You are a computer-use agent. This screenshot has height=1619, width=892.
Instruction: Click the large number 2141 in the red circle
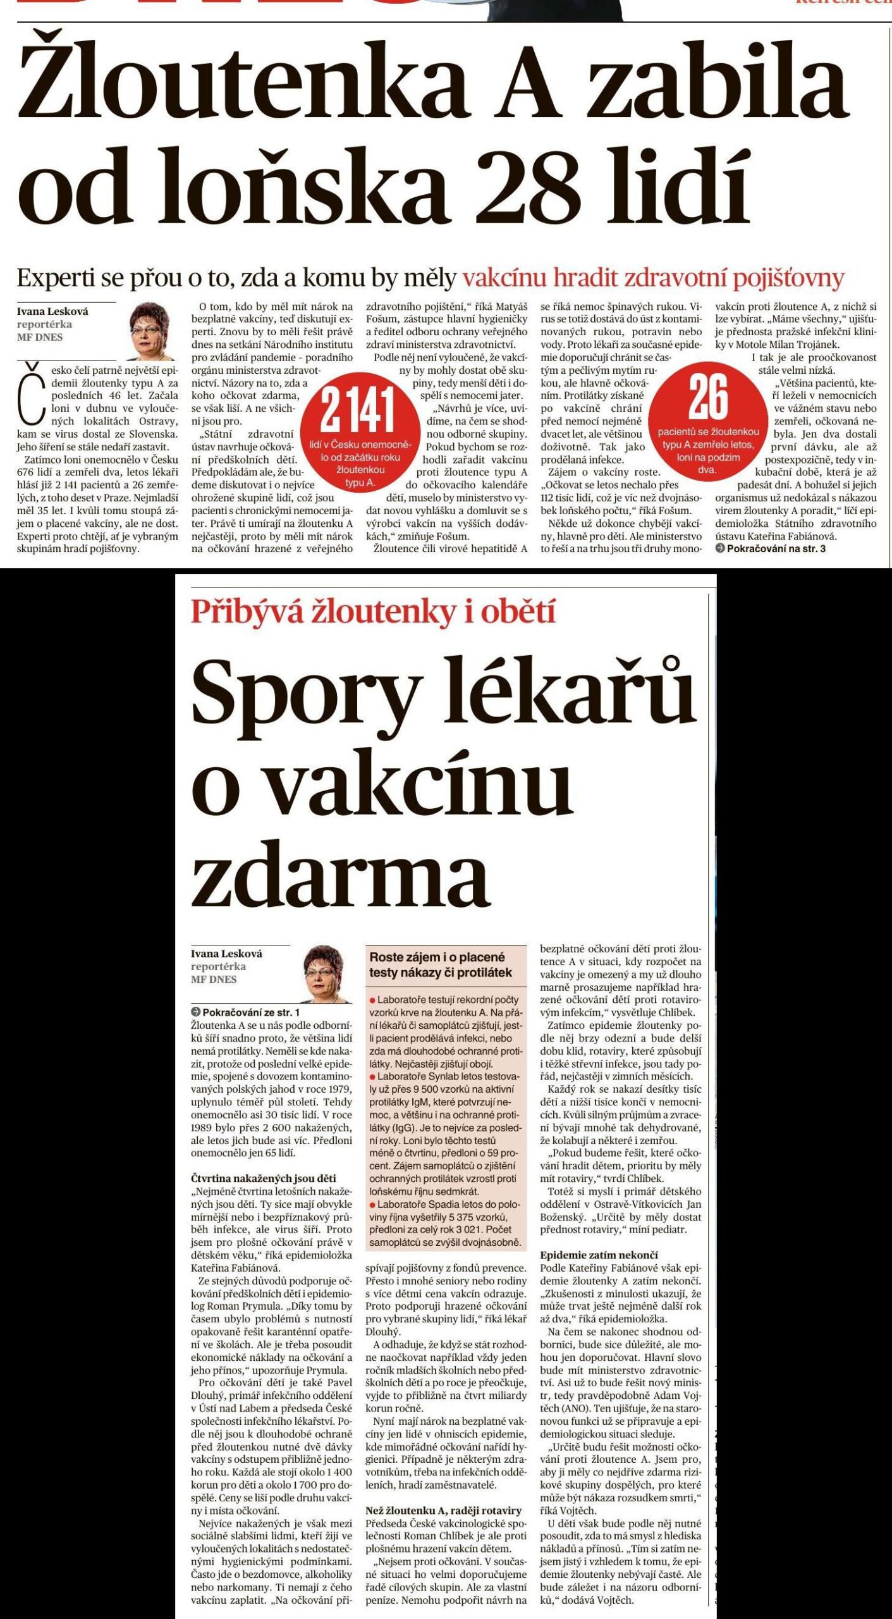point(358,409)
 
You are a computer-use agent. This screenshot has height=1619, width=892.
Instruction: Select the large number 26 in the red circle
point(708,398)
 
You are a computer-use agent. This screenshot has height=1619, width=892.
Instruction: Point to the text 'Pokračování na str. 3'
point(776,548)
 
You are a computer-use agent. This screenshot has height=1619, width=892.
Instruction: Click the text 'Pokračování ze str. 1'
point(250,1013)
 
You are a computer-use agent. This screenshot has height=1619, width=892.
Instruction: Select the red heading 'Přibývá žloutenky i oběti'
point(373,612)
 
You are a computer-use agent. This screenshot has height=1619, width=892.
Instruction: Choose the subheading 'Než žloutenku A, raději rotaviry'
point(443,1510)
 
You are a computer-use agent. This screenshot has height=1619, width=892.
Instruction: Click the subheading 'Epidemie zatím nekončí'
point(599,1255)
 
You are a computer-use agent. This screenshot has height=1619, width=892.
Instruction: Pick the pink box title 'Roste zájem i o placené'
point(437,957)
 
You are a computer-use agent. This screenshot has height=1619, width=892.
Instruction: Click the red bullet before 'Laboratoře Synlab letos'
point(373,1076)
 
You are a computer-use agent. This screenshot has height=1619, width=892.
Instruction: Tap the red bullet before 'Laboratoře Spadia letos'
point(373,1204)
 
